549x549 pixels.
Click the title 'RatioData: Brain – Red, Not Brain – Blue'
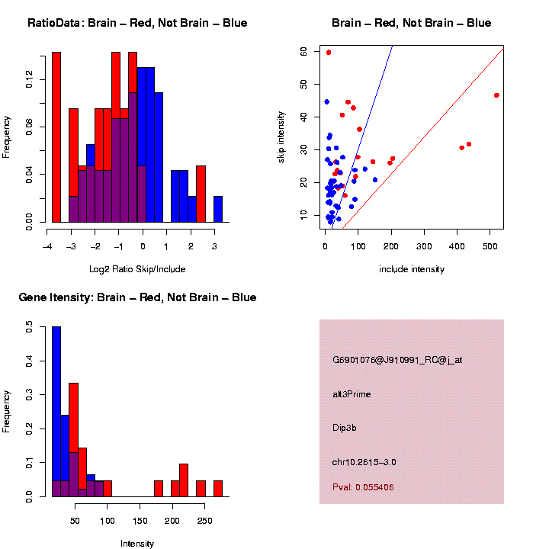click(x=137, y=23)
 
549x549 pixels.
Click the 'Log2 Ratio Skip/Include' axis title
click(x=137, y=269)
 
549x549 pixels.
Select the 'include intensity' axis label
click(x=412, y=269)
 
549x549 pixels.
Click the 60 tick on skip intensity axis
click(x=303, y=51)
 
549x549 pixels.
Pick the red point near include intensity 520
click(x=496, y=95)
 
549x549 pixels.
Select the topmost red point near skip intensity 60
click(x=329, y=53)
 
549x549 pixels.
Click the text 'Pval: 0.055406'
click(x=363, y=487)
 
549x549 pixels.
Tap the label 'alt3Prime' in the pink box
click(x=352, y=394)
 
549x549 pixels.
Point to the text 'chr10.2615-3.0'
click(x=364, y=462)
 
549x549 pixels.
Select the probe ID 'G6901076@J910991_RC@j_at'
click(x=397, y=360)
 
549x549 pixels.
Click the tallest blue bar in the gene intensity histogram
click(x=56, y=412)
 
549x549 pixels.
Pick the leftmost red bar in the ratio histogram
click(x=56, y=137)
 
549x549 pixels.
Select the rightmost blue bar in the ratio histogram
click(x=218, y=209)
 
